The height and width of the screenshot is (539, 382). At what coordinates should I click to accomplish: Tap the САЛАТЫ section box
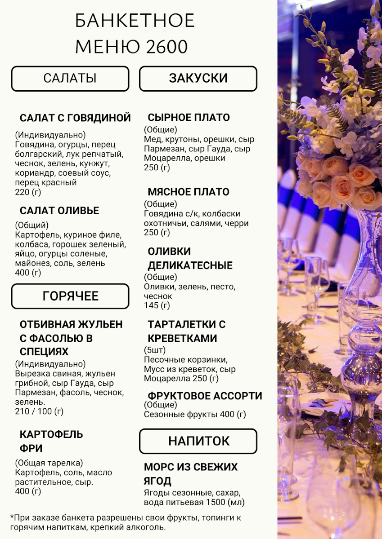(70, 79)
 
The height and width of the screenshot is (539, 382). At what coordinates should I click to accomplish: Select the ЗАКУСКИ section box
(198, 79)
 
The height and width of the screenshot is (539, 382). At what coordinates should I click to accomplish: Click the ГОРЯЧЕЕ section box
(70, 296)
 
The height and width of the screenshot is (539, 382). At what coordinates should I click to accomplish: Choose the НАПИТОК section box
(198, 441)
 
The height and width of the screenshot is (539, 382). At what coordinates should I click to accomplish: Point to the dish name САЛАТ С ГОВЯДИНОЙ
(75, 118)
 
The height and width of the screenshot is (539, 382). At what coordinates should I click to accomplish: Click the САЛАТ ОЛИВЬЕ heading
(59, 211)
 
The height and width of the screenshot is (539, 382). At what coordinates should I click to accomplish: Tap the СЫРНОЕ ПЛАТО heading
(189, 118)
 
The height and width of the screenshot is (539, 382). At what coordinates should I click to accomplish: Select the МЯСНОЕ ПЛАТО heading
(189, 192)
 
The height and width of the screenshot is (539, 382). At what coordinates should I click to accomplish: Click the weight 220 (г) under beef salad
(28, 192)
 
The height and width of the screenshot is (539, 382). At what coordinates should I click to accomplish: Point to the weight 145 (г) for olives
(157, 305)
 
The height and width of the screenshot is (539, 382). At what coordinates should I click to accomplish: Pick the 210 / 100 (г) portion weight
(39, 411)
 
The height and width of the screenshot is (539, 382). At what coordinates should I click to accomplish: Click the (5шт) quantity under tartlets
(155, 350)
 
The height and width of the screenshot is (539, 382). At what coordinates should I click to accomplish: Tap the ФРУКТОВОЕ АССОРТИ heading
(205, 396)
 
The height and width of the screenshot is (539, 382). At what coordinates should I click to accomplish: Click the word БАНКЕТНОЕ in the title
(135, 21)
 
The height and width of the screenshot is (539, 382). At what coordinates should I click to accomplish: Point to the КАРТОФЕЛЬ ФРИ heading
(51, 441)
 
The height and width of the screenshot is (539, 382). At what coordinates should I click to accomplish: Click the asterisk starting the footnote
(12, 517)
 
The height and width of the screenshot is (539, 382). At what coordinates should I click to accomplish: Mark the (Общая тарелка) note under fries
(49, 463)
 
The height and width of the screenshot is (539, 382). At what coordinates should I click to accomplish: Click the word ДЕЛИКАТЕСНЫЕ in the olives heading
(190, 265)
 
